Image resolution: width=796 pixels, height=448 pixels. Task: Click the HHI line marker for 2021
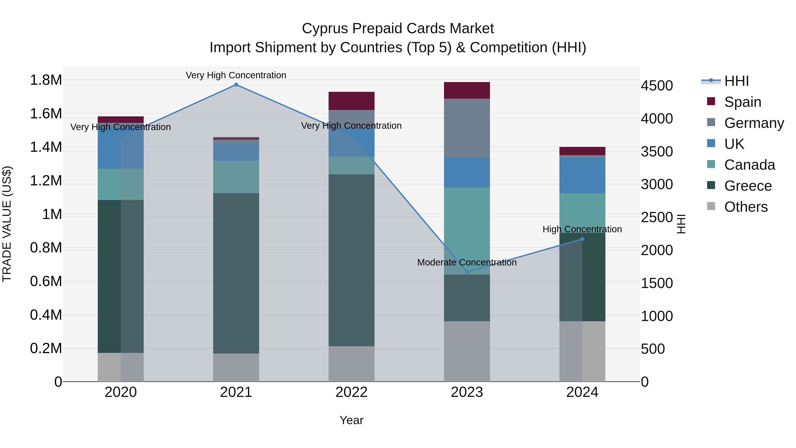tap(236, 85)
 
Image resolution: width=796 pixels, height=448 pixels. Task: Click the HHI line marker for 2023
tap(467, 272)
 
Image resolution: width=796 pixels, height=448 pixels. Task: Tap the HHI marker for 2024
tap(582, 239)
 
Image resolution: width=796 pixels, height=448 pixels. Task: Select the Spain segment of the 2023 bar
tap(467, 90)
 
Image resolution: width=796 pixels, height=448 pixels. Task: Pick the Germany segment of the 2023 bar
tap(467, 128)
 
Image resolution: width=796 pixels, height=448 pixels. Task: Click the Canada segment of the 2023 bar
tap(467, 231)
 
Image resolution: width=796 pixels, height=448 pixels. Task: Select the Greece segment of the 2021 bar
tap(236, 273)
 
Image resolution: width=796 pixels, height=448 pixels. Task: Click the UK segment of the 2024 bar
tap(582, 176)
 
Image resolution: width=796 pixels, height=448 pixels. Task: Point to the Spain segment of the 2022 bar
tap(351, 101)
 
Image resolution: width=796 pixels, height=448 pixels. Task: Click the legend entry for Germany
tap(754, 123)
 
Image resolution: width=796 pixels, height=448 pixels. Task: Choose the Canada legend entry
tap(749, 165)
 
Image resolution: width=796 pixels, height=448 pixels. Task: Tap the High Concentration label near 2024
tap(582, 229)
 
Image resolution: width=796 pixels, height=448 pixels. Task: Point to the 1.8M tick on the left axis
tap(46, 80)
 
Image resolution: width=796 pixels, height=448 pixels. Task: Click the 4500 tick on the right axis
tap(657, 86)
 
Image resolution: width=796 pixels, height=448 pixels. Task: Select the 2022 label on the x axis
tap(351, 392)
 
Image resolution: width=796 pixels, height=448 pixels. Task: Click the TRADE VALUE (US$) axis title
tap(7, 224)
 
